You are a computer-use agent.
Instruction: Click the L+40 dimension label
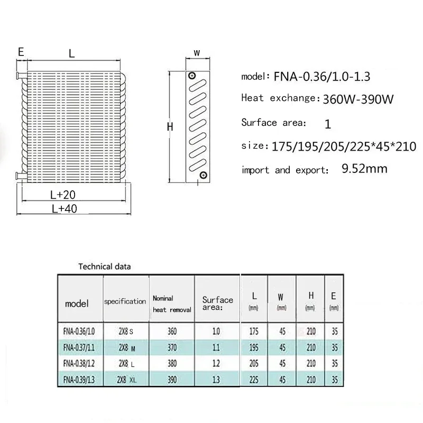[x=65, y=209]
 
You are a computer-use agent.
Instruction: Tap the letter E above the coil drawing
[x=21, y=52]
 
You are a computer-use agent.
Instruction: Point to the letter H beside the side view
[x=170, y=127]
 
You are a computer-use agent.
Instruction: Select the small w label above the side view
[x=197, y=53]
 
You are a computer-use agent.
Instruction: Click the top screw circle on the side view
[x=193, y=77]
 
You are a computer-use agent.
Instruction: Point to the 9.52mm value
[x=365, y=169]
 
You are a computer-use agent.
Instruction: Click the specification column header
[x=125, y=301]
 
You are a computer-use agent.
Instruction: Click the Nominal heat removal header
[x=171, y=304]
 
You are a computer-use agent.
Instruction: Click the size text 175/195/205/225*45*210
[x=344, y=145]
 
